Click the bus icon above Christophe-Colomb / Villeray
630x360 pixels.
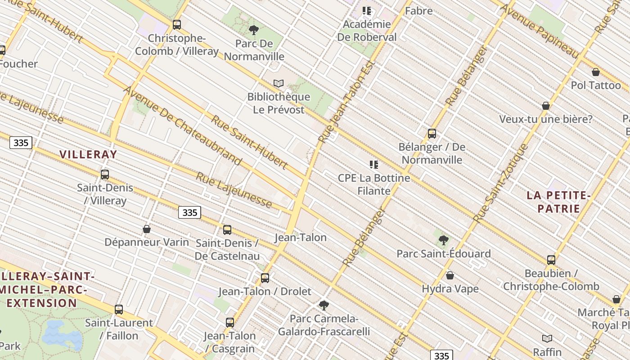coord(177,25)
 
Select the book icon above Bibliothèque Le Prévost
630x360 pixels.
coord(279,84)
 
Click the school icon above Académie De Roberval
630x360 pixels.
coord(367,11)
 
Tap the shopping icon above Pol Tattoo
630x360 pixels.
coord(596,72)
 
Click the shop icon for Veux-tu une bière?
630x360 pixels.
coord(546,106)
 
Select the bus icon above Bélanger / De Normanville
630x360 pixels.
coord(432,134)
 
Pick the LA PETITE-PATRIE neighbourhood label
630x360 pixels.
coord(558,202)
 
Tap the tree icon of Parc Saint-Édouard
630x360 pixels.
coord(444,240)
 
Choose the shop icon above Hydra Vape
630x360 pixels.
coord(450,275)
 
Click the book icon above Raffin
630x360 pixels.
coord(547,338)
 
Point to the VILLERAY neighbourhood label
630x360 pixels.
coord(88,154)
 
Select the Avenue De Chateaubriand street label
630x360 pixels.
coord(183,126)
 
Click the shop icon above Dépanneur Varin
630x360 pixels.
coord(147,229)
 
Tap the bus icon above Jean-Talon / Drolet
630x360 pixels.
coord(265,278)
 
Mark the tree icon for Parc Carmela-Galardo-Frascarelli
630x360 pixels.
coord(324,306)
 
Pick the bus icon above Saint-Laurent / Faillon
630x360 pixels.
coord(119,310)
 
